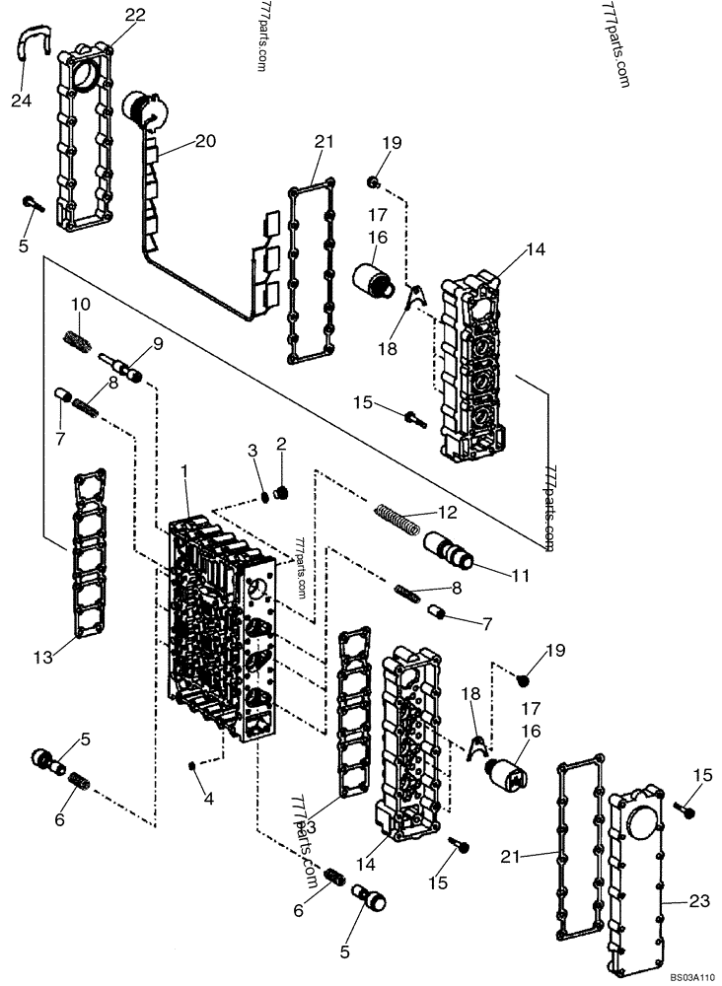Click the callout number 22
(135, 15)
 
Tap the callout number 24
(22, 100)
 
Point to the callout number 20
(204, 142)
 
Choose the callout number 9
(156, 344)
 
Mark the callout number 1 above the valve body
(184, 475)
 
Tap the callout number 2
(280, 445)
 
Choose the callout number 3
(253, 452)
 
